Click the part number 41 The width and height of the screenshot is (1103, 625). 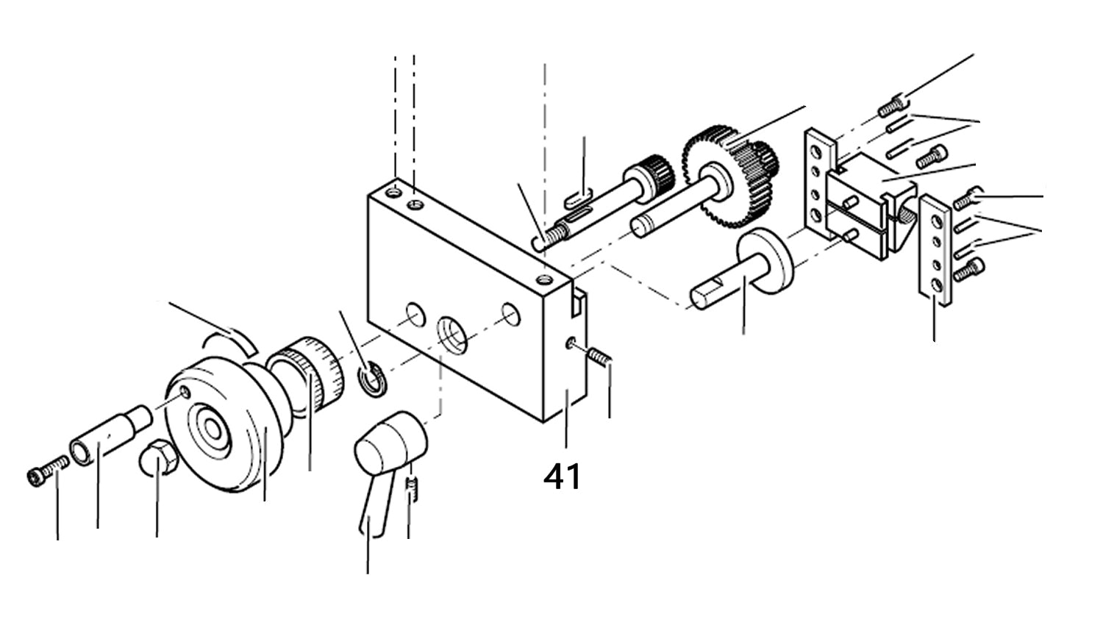pos(563,476)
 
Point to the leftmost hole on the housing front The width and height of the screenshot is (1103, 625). pos(414,315)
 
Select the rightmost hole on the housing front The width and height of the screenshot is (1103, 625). pos(510,314)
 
